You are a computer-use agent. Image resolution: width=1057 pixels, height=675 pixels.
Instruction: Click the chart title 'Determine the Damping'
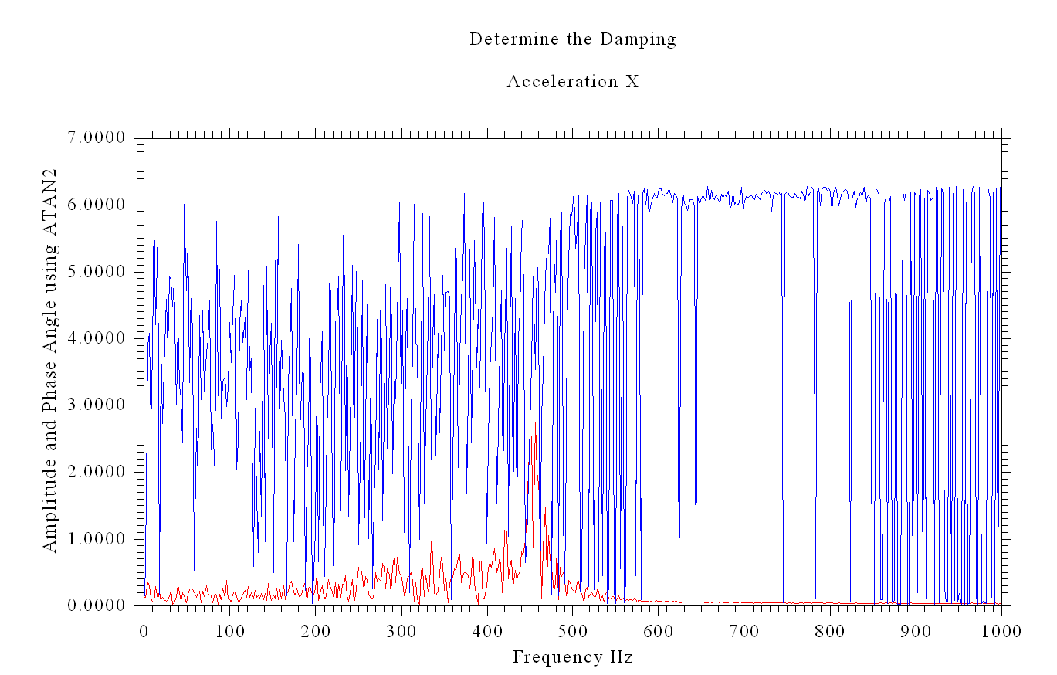tap(572, 39)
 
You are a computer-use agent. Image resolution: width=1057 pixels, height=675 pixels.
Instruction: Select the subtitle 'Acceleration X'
tap(572, 82)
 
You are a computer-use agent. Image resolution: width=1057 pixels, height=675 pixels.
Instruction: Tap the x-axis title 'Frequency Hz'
tap(572, 657)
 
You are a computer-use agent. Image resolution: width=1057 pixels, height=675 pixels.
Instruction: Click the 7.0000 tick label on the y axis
tap(97, 138)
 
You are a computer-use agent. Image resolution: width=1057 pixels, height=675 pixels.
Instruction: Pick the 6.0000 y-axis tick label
tap(97, 205)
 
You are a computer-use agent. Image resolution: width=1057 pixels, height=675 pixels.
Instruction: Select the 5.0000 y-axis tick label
tap(97, 272)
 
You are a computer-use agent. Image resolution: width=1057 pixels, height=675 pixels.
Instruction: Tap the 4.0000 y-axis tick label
tap(97, 338)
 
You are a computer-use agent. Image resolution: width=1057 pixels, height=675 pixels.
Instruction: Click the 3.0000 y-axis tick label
tap(97, 405)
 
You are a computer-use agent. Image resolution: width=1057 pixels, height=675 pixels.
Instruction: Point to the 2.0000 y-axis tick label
tap(97, 472)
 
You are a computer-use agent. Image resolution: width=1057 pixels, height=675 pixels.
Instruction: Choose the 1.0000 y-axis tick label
tap(97, 539)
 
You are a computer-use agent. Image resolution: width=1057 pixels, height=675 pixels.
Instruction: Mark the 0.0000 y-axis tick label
tap(97, 605)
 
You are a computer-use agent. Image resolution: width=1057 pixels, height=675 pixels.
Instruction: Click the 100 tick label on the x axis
tap(229, 631)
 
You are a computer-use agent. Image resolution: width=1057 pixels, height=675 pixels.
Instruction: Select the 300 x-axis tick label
tap(401, 631)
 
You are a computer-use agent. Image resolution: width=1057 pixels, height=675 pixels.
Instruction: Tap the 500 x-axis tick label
tap(573, 631)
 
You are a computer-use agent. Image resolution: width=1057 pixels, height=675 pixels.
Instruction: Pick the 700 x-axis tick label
tap(744, 631)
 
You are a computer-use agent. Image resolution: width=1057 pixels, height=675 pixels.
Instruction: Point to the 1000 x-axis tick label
tap(1001, 631)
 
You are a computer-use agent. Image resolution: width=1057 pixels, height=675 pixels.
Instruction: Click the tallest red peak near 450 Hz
tap(530, 438)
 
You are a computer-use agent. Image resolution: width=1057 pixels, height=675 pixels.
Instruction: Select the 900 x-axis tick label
tap(916, 631)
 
